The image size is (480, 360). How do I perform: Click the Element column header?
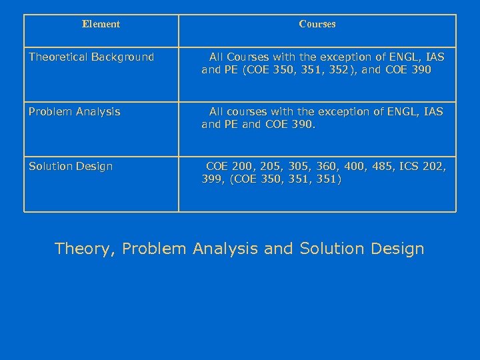101,24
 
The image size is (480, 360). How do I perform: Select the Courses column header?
317,24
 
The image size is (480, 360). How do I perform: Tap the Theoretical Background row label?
91,57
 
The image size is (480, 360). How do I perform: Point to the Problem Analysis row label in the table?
74,111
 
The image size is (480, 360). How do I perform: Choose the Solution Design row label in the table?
71,166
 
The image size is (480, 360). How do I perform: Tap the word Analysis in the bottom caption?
227,249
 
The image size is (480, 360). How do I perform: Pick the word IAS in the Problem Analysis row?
431,111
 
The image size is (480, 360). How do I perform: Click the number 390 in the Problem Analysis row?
300,123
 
